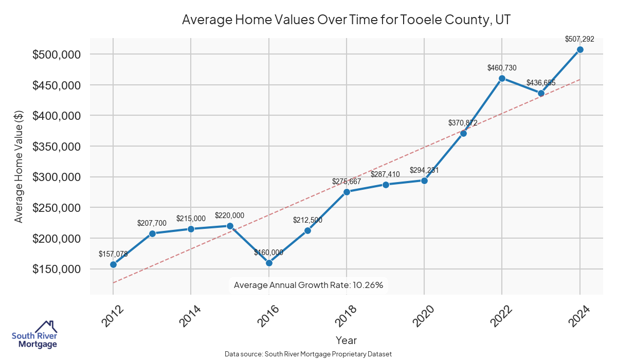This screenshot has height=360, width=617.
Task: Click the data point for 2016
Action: (269, 263)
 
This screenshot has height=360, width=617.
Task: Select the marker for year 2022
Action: (502, 78)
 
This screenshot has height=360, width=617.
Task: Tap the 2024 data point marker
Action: (580, 49)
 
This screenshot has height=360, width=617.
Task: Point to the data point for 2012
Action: (113, 264)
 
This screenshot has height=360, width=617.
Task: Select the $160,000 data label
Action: (268, 253)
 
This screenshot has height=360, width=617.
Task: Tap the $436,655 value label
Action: (541, 83)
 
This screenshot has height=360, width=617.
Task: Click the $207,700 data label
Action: (152, 223)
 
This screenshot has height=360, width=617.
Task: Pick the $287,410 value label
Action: (385, 174)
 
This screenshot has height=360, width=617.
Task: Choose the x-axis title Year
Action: (346, 340)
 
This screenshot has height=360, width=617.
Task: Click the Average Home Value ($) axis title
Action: (19, 166)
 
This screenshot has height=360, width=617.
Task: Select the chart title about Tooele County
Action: (346, 20)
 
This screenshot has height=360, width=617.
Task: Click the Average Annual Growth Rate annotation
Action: (308, 285)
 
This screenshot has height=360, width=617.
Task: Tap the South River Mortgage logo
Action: (35, 335)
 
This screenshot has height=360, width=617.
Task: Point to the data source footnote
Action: (308, 354)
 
